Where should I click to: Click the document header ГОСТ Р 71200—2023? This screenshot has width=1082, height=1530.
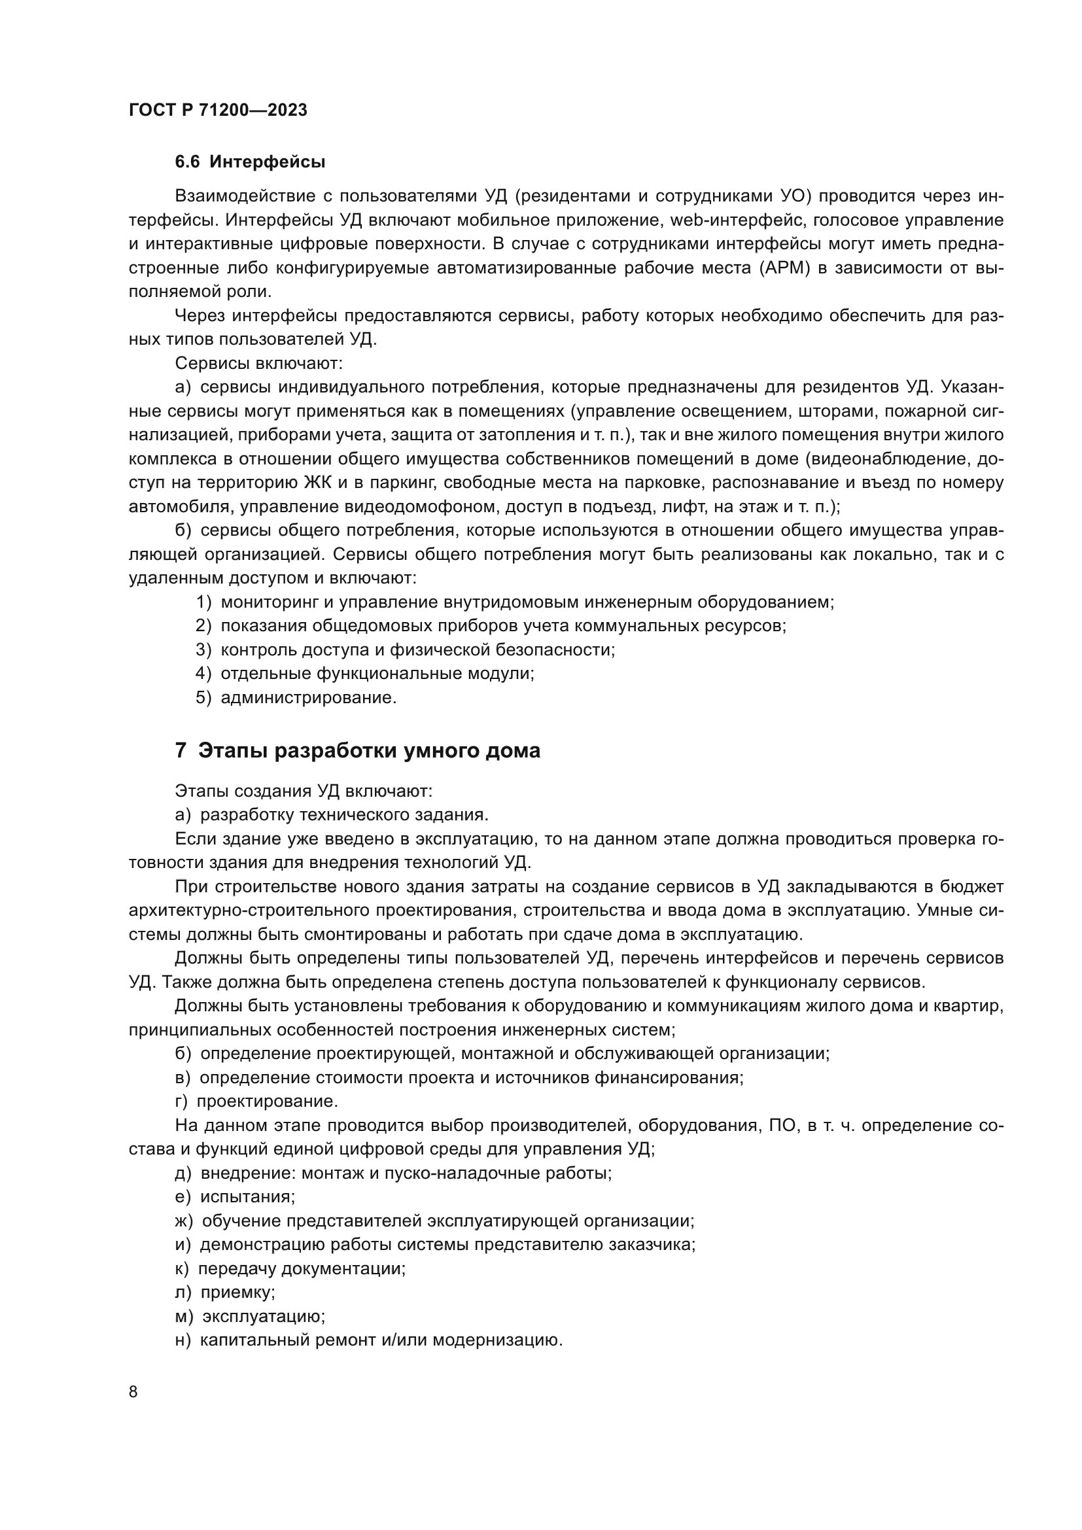coord(218,110)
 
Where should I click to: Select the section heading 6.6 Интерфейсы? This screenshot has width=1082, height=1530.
coord(250,162)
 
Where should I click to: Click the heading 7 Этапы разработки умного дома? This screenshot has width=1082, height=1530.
coord(357,750)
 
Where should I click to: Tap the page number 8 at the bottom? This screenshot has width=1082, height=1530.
coord(133,1391)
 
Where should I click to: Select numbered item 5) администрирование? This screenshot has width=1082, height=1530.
coord(296,698)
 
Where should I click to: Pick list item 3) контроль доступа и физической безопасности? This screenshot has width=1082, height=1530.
coord(405,650)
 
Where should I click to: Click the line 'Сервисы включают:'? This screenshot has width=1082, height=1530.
coord(258,363)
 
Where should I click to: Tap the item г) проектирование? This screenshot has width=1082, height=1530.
coord(256,1101)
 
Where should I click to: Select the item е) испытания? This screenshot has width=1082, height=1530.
coord(236,1197)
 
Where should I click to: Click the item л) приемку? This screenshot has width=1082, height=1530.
coord(225,1292)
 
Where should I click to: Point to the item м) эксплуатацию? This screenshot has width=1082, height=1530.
coord(250,1316)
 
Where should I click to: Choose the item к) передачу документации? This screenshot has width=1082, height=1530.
coord(290,1268)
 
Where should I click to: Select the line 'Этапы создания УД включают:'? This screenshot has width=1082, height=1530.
coord(304,791)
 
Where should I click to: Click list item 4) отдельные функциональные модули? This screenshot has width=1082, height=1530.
coord(365,674)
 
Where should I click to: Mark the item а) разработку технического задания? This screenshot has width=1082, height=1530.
coord(332,814)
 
